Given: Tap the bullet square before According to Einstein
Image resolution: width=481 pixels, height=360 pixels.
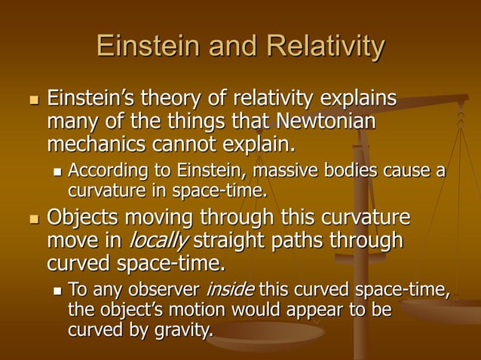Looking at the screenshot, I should [x=57, y=172].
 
